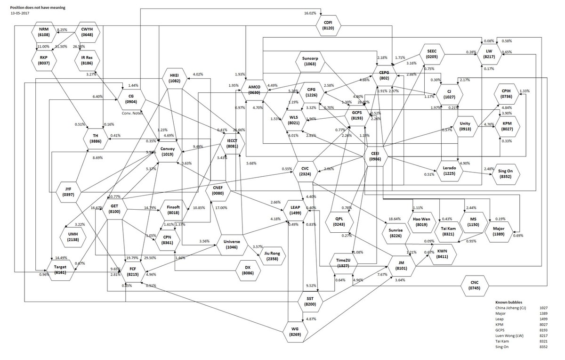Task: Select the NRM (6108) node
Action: coord(44,33)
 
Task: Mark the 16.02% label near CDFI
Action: coord(310,13)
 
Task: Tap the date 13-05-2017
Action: coord(19,14)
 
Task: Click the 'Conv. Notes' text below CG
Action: coord(132,113)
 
